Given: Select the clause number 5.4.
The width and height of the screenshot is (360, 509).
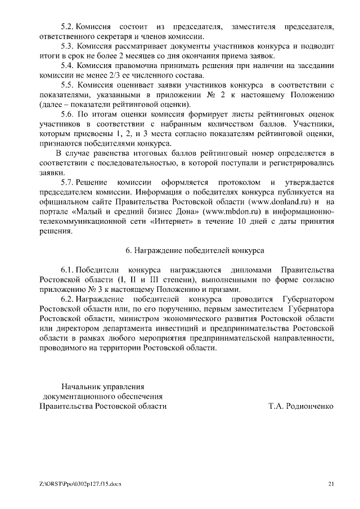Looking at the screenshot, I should [67, 66].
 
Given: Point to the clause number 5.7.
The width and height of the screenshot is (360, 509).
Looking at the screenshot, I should [67, 182].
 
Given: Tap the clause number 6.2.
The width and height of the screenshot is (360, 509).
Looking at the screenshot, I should [67, 299].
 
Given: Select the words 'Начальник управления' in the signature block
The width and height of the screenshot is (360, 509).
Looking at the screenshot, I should [103, 386].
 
